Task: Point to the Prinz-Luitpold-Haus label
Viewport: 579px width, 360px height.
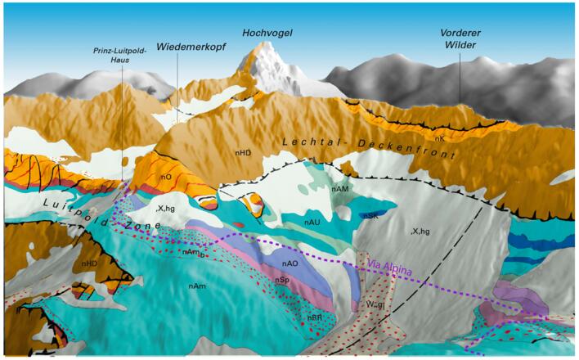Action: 119,55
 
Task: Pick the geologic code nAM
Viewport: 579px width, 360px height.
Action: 342,190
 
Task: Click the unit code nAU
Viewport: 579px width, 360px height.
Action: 312,222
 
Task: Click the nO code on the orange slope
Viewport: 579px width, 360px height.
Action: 165,177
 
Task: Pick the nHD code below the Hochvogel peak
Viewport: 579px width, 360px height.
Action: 243,151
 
